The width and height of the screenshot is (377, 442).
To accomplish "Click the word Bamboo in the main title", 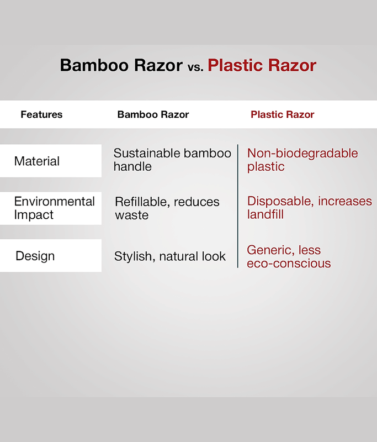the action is click(x=94, y=65).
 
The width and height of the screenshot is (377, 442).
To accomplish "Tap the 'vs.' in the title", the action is click(x=195, y=67).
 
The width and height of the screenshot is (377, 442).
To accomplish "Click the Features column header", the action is click(x=41, y=114).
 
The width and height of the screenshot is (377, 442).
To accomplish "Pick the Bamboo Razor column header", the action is click(x=153, y=114).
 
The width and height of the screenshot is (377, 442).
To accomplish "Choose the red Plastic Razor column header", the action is click(x=283, y=114).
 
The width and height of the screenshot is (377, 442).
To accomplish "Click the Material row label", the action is click(x=37, y=161).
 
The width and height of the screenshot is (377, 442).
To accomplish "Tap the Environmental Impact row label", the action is click(x=54, y=208).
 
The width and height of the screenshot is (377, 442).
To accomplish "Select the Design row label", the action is click(x=35, y=256).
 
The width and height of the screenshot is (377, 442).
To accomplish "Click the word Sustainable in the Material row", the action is click(x=146, y=154).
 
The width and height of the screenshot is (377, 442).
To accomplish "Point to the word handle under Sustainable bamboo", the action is click(x=132, y=166).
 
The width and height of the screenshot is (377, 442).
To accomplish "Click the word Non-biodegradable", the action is click(x=302, y=154).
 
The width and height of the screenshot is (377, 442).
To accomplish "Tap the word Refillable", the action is click(x=142, y=202).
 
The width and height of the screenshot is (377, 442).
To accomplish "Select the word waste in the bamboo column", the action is click(x=132, y=215).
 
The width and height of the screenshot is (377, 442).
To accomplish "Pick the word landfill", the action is click(x=265, y=214).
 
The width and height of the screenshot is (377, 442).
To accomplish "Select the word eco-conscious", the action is click(x=289, y=264).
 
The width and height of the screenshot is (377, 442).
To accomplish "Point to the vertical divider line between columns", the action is click(x=238, y=206).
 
